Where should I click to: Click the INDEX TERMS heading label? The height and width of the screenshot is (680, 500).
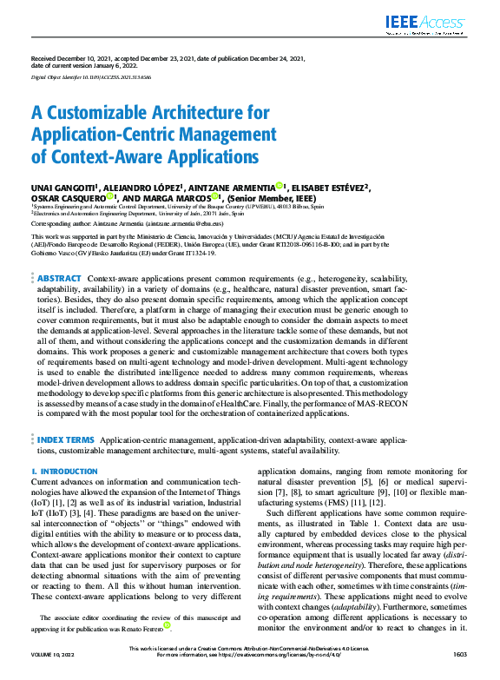pyautogui.click(x=66, y=441)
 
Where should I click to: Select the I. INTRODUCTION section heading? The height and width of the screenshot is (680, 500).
pyautogui.click(x=64, y=471)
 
